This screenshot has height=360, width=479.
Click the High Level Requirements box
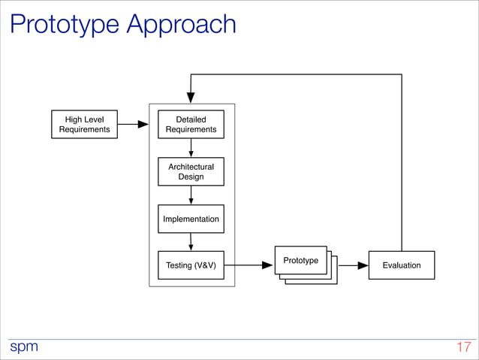point(84,125)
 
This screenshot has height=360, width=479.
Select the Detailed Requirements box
point(191,125)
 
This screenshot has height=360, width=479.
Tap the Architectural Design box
point(191,171)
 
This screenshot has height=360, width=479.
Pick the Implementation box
point(191,219)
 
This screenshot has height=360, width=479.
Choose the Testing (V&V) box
point(191,265)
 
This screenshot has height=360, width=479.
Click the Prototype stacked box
point(301,261)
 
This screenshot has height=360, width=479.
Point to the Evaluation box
point(401,265)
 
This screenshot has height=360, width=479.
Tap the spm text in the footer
point(23,346)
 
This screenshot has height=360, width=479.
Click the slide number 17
point(463,347)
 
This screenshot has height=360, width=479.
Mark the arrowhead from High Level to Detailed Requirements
point(143,125)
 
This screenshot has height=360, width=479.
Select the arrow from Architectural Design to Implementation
point(191,195)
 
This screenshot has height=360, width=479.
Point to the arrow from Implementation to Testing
point(191,241)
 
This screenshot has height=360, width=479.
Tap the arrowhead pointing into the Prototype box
point(267,265)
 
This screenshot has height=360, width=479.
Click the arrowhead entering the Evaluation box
point(363,265)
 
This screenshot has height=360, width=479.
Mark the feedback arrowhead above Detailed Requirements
point(191,98)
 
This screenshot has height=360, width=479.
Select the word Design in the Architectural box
point(191,177)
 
